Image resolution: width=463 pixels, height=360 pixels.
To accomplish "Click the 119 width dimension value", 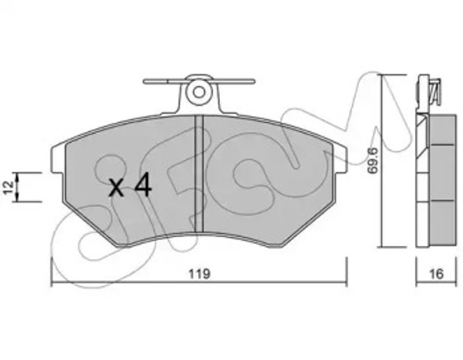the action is coord(200,274).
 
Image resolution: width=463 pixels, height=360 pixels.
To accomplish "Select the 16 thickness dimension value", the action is coord(437,274).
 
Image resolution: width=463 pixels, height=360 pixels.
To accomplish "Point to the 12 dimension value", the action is coord(8,187).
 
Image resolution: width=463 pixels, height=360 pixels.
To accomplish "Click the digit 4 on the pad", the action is coord(143,184).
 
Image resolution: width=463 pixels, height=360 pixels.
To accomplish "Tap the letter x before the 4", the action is coord(116,187).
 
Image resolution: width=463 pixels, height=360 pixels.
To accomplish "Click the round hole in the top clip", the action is coord(199,92).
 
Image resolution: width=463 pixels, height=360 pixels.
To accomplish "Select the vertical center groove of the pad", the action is coord(200,174).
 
